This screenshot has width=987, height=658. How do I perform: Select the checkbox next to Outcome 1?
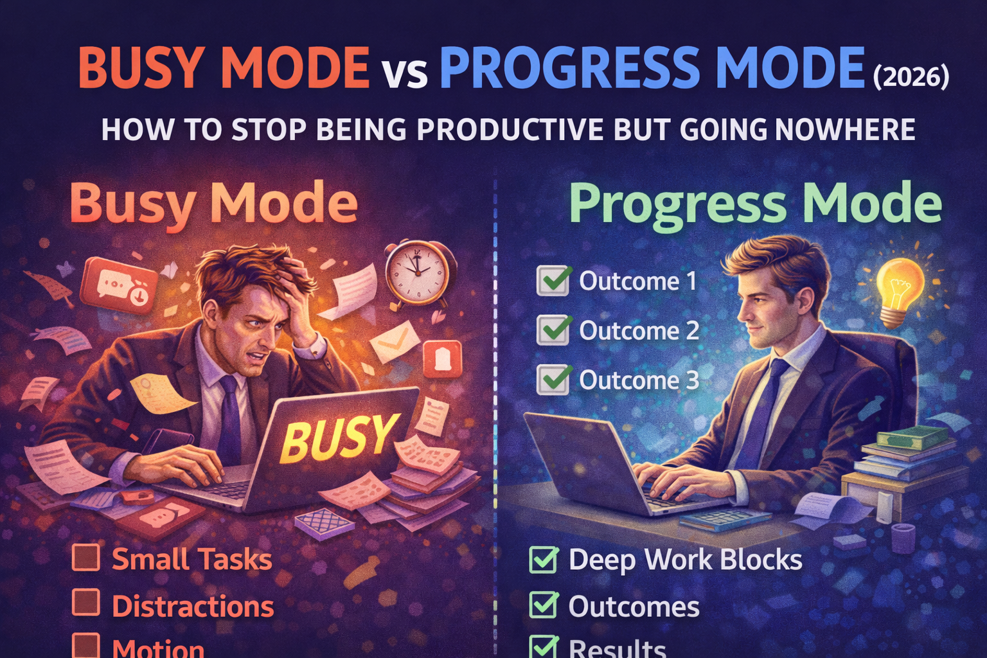pos(553,281)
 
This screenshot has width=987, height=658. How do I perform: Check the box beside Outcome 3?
pos(553,379)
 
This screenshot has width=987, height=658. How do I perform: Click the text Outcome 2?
pos(639,331)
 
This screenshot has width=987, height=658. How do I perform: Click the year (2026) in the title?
pos(911,77)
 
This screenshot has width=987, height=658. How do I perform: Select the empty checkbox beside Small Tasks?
pos(86,558)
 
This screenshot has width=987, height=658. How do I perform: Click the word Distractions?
pos(193,607)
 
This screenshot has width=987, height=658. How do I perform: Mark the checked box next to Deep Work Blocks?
pos(544,559)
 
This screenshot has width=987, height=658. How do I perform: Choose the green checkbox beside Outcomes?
pos(544,605)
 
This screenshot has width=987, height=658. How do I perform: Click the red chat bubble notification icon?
pos(119,284)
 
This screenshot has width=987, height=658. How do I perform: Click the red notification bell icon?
pos(442,359)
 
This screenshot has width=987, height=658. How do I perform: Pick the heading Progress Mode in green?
pos(755,203)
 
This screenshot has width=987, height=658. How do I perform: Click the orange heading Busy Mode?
pos(213,203)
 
